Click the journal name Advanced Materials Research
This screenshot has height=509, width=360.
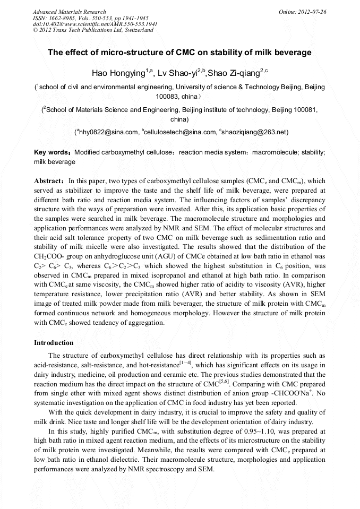69,12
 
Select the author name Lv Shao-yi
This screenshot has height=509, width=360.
181,73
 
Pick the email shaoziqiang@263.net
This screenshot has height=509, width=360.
253,132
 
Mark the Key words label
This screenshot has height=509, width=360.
53,152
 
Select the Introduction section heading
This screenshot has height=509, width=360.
54,343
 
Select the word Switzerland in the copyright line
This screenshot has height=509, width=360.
139,31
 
